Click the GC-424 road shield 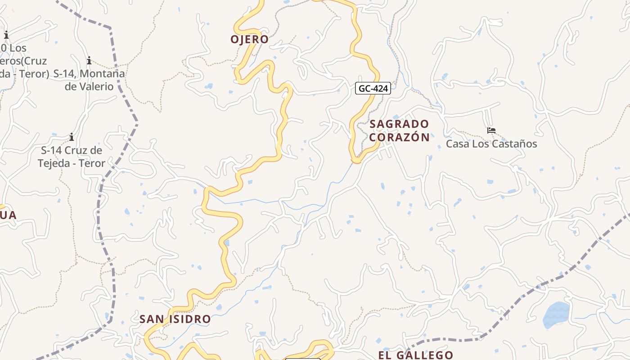click(373, 89)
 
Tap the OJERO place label click(249, 40)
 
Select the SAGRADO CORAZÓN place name click(399, 130)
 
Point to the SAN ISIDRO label click(175, 319)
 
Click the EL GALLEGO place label click(415, 355)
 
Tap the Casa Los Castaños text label click(491, 144)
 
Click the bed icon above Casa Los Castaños click(491, 130)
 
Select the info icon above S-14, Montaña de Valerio click(89, 60)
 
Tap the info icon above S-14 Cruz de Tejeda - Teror click(72, 137)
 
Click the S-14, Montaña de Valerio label click(89, 80)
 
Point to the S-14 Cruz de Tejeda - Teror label click(72, 157)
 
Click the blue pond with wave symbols click(556, 315)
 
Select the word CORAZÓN click(399, 137)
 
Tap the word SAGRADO click(399, 124)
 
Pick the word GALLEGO click(426, 355)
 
